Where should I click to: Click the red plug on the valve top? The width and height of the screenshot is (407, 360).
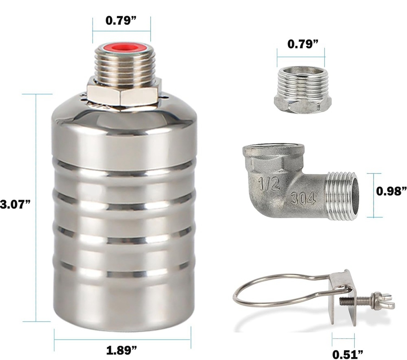[122, 48]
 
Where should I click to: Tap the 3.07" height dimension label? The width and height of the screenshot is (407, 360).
[15, 204]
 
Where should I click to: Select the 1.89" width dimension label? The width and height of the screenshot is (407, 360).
[122, 350]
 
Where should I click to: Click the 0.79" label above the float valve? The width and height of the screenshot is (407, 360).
[121, 21]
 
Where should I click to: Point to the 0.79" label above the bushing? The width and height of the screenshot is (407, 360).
[302, 44]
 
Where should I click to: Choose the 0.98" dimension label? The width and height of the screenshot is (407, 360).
[391, 191]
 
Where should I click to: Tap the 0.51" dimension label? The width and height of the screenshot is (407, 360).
[348, 354]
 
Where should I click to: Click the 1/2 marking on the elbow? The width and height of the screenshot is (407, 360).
[269, 183]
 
